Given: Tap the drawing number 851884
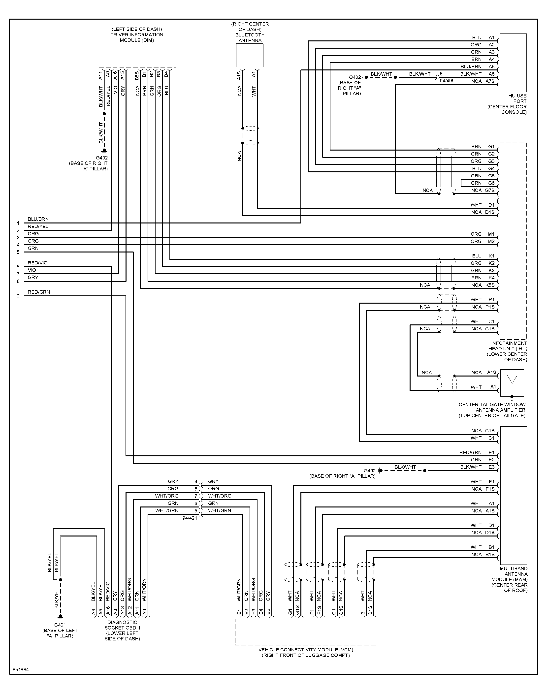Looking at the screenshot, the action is point(21,670).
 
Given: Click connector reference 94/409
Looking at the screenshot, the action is point(447,81).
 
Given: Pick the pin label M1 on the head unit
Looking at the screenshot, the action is point(491,234).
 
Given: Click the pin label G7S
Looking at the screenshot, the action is point(490,190).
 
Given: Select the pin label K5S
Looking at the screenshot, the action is point(490,285).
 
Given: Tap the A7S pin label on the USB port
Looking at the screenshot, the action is point(490,81).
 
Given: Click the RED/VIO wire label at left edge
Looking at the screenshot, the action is point(37,263).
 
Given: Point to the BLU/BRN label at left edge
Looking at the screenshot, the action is point(38,219).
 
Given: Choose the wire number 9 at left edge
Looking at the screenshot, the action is point(18,296).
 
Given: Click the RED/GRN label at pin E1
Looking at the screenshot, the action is point(470,452).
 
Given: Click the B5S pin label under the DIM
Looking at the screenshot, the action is point(137,76).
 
